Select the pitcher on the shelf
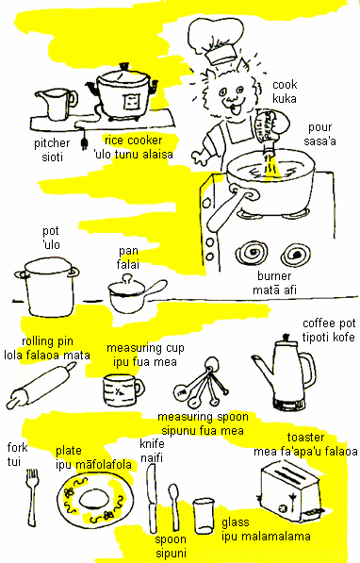pos(57,104)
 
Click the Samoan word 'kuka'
pos(285,99)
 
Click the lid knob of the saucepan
pos(127,278)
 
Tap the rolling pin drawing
pos(41,385)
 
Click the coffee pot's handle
pos(309,370)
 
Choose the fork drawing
pos(32,498)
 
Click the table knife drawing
pos(152,498)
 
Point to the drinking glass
pos(204,516)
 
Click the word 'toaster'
pos(305,438)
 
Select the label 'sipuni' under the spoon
pos(171,554)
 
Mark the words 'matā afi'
pos(274,290)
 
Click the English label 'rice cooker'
pos(134,140)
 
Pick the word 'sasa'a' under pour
pos(319,141)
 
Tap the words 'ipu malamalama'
pos(266,537)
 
